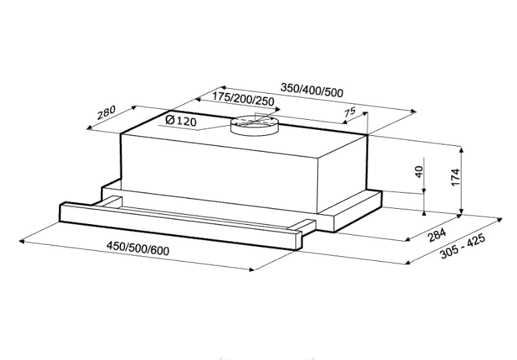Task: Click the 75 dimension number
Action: (349, 113)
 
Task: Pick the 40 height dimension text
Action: (419, 172)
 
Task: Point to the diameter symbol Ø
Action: (169, 120)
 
